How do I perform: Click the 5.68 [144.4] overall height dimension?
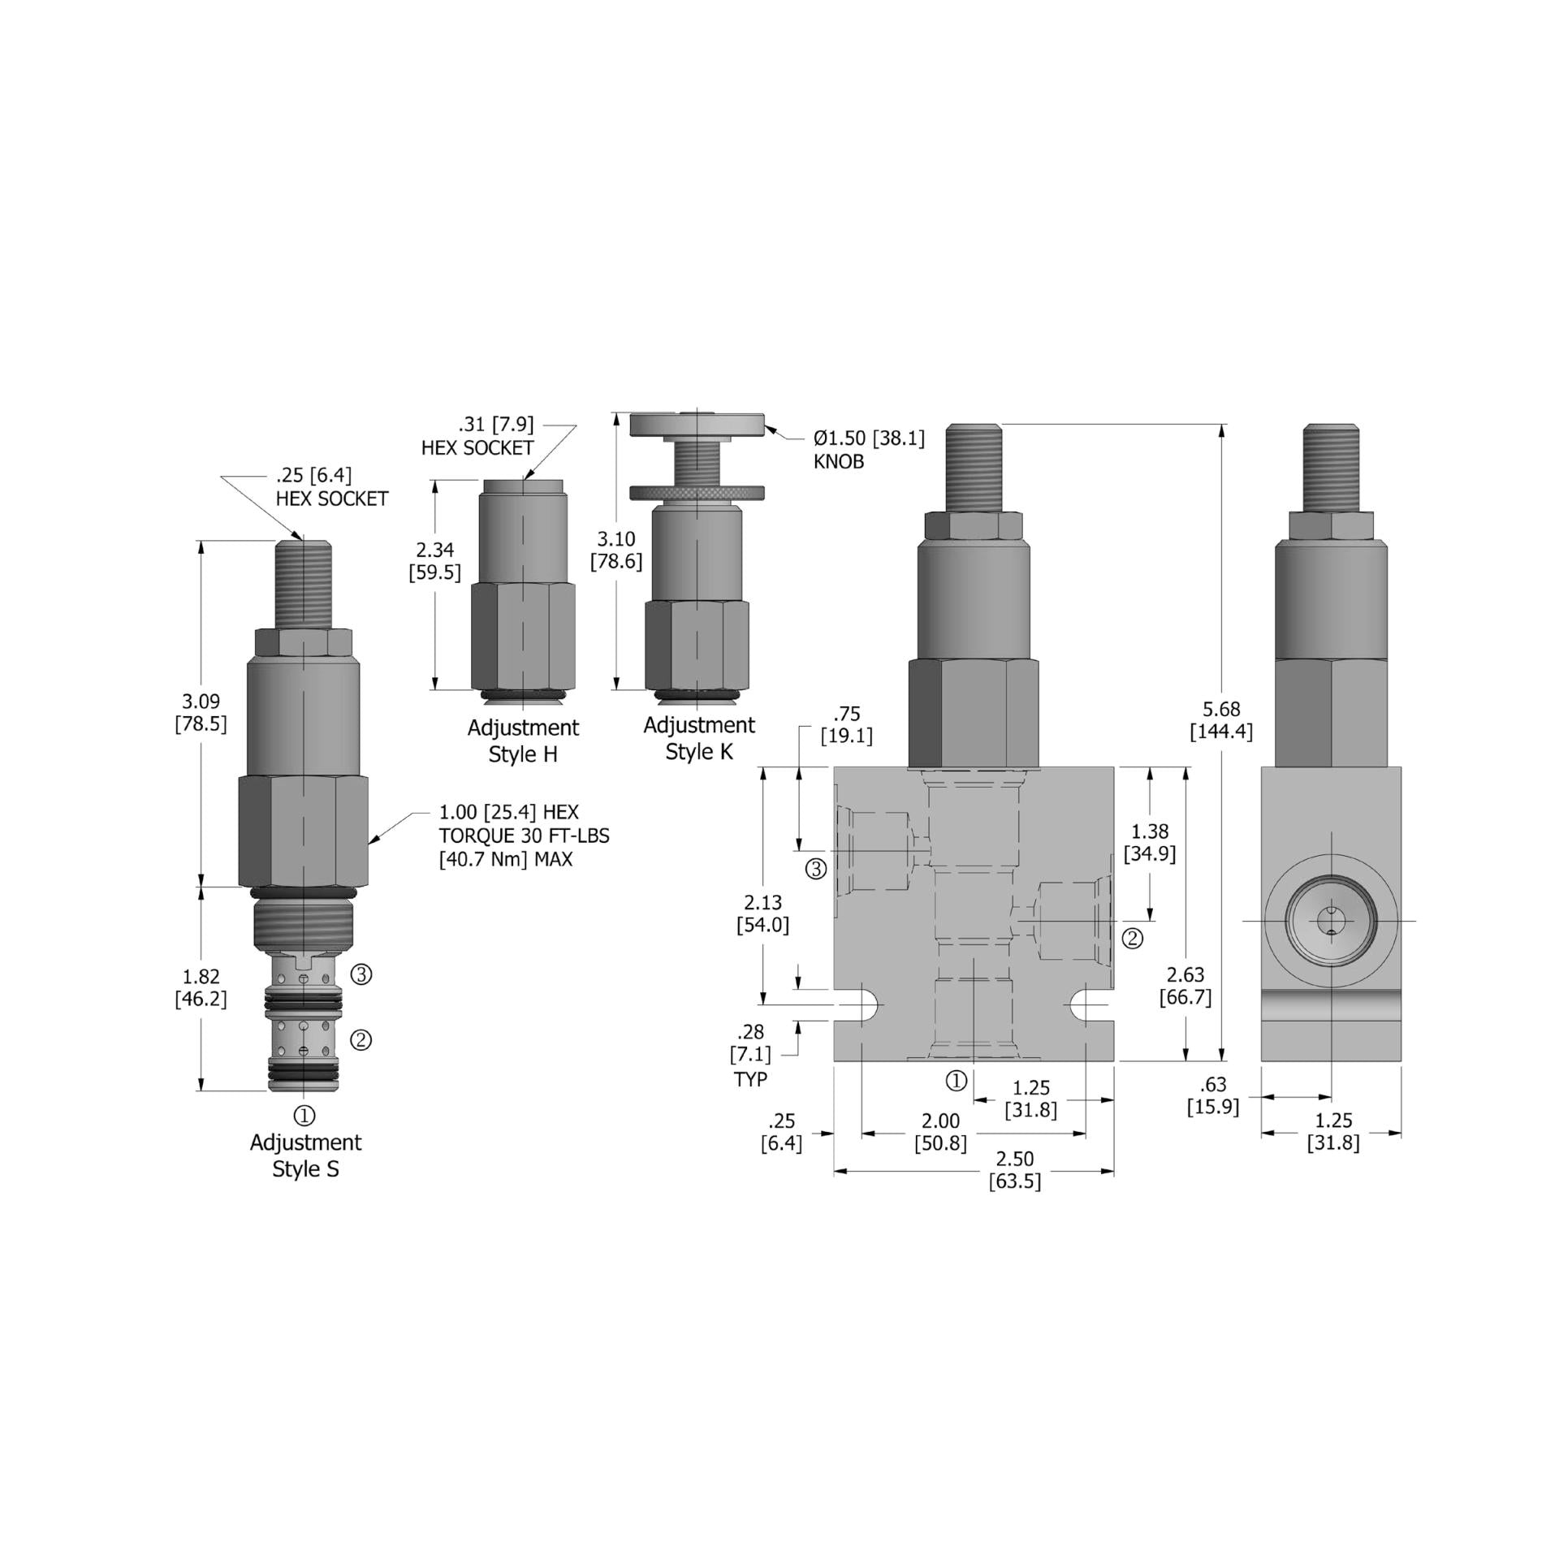coord(1221,721)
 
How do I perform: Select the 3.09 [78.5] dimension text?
coord(201,712)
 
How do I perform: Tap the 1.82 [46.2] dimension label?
coord(201,987)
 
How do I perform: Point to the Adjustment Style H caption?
coord(523,741)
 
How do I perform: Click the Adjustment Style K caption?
coord(699,738)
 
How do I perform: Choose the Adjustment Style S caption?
coord(305,1155)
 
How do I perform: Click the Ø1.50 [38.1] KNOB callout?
coord(868,450)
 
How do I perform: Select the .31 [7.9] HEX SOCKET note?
coord(479,436)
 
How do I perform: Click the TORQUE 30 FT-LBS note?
coord(524,836)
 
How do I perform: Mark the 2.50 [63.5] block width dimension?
coord(1014,1169)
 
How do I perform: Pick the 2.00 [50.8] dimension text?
coord(940,1132)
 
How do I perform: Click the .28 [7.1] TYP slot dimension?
coord(750,1055)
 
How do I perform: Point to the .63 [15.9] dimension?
coord(1212,1096)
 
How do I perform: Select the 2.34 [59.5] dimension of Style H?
coord(434,561)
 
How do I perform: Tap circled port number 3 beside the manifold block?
coord(815,870)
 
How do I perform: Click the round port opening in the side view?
coord(1331,921)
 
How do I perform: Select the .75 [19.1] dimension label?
coord(846,725)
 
